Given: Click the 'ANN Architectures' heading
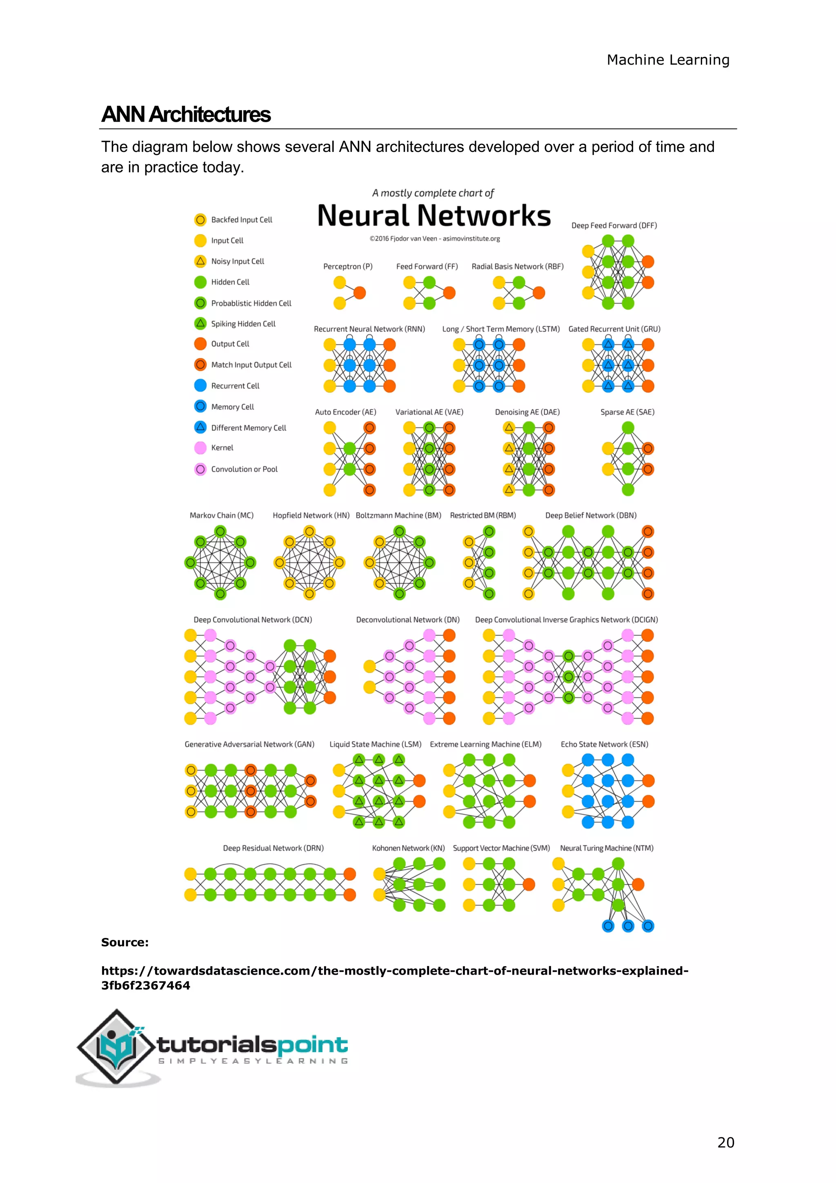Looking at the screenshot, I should [186, 114].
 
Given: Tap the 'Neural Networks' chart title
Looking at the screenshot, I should [434, 215].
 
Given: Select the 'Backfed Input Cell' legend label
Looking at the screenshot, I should [241, 220].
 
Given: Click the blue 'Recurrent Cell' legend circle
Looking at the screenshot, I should [200, 385].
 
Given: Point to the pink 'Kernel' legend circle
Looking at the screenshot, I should [200, 448].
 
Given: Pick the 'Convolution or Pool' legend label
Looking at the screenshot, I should [244, 469].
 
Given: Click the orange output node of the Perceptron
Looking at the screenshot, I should [359, 292].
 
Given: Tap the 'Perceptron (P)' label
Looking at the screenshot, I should [347, 266].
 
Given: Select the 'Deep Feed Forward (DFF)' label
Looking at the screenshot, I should [614, 225].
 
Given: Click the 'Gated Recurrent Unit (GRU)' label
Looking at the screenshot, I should [614, 329].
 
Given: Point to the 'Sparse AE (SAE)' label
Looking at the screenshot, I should [627, 412].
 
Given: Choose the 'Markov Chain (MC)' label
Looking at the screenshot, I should [221, 515].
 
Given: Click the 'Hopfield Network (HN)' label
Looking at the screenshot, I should [311, 515].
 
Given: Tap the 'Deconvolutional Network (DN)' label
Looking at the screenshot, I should [408, 620].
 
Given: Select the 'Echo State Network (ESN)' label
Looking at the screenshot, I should [604, 745].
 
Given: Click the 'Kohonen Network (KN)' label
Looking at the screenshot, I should [408, 848].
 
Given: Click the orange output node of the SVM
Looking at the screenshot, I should [529, 884].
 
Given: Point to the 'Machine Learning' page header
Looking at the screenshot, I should [668, 60].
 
